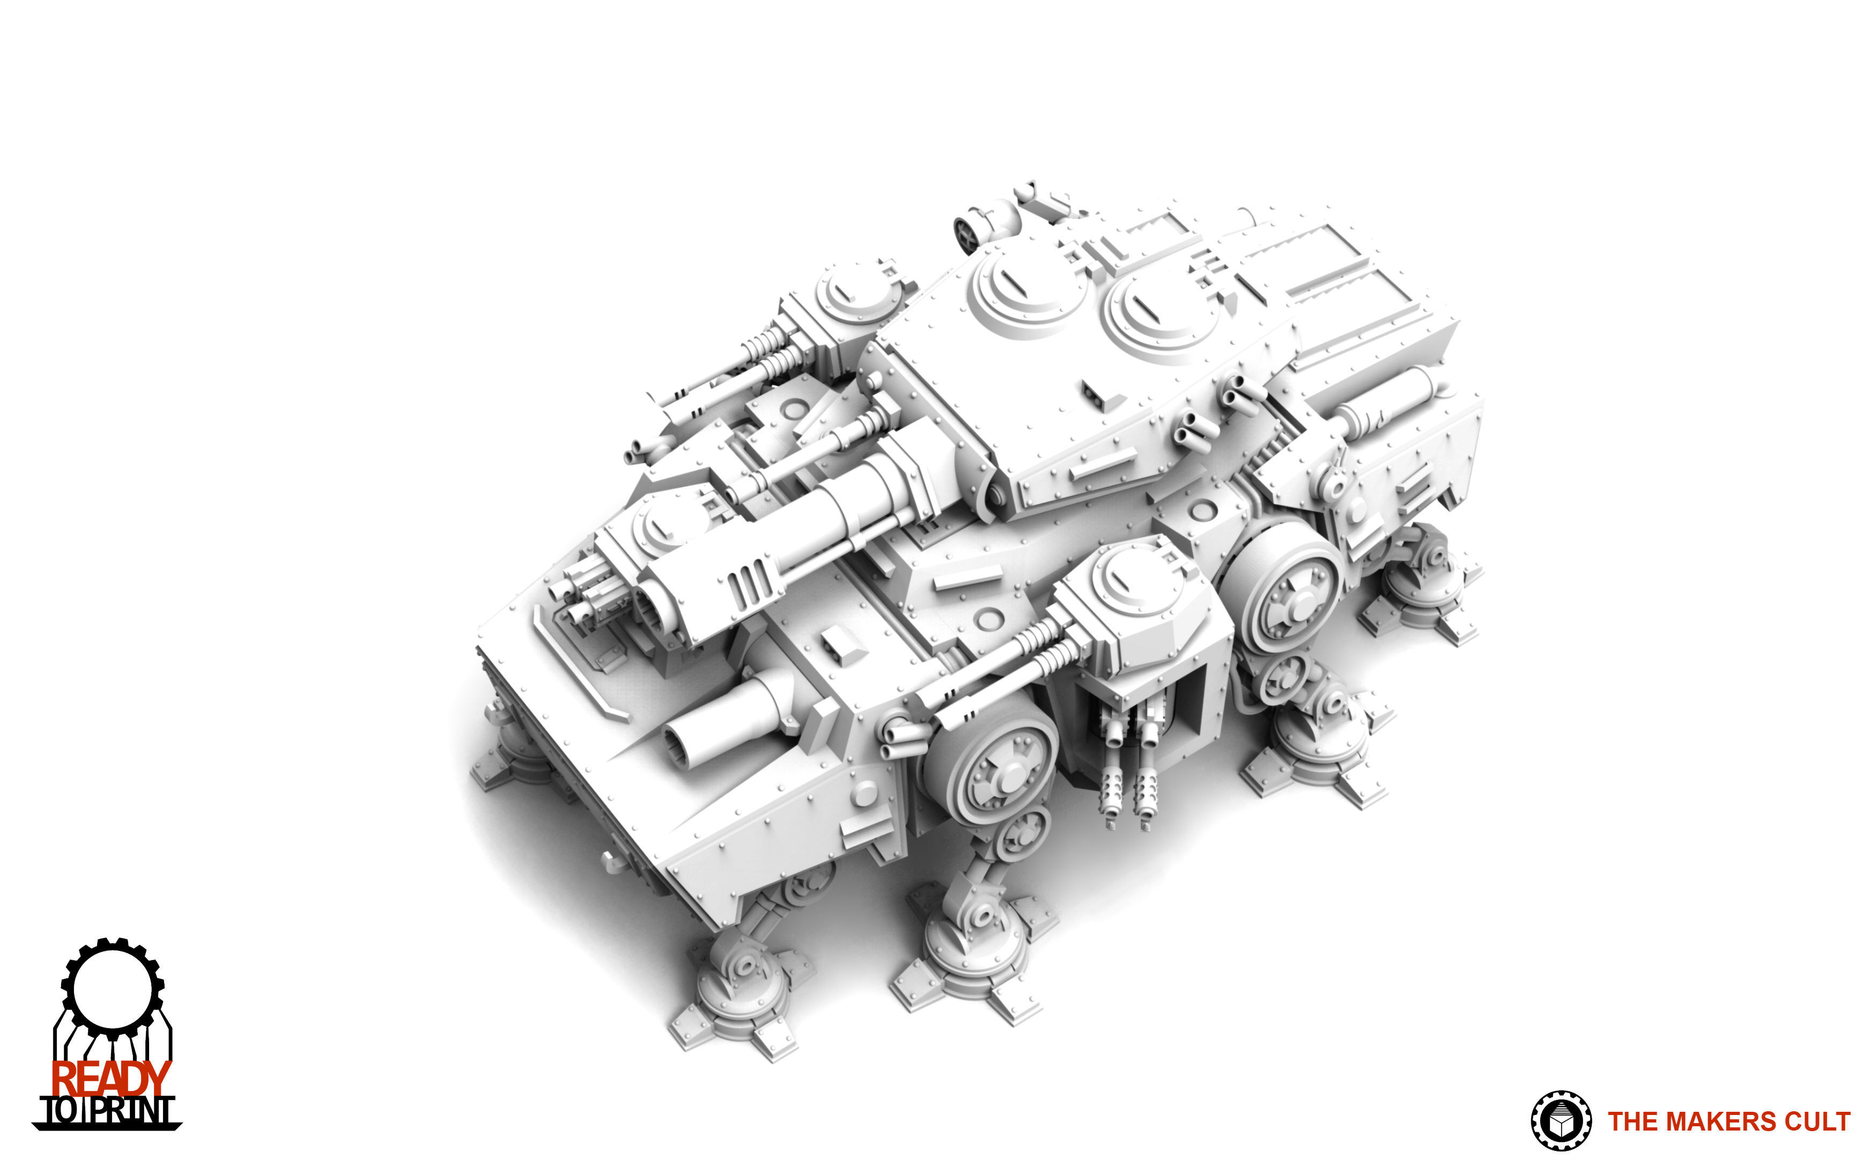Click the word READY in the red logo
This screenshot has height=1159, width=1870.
point(110,1079)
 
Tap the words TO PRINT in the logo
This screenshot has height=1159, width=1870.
point(107,1111)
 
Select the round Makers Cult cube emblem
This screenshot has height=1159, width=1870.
point(1561,1121)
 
